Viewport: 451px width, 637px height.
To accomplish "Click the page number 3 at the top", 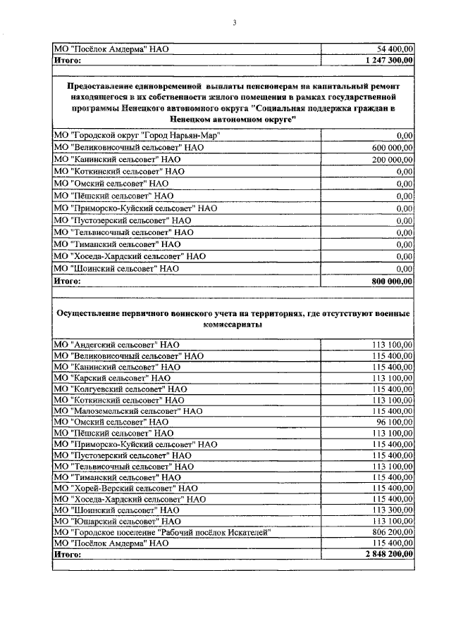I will coord(235,23).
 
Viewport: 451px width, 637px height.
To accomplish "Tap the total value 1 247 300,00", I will coord(390,61).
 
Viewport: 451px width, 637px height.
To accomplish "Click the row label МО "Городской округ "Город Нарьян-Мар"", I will coord(137,134).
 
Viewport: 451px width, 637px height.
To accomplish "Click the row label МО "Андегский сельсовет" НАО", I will coord(117,345).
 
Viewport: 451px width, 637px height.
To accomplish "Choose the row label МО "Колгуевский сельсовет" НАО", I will coord(121,389).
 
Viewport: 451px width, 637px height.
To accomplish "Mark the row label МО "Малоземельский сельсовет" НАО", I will coord(128,410).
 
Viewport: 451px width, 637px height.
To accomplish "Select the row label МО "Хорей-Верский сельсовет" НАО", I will coord(126,487).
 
